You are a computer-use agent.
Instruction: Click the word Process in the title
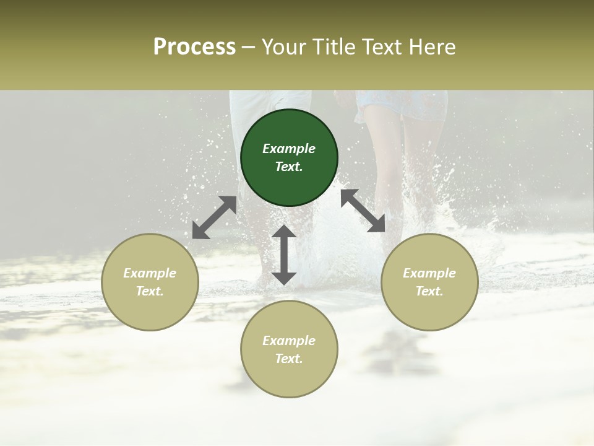[x=194, y=47]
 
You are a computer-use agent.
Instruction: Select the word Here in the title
[x=433, y=47]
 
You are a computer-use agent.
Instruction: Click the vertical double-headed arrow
[x=284, y=255]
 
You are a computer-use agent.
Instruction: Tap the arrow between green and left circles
[x=214, y=217]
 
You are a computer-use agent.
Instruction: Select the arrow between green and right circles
[x=363, y=211]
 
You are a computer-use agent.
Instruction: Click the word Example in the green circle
[x=289, y=149]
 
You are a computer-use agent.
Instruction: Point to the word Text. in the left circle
[x=150, y=291]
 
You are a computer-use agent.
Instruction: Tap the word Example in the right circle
[x=429, y=273]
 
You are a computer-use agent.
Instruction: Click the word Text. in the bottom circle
[x=289, y=359]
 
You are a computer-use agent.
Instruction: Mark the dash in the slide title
[x=248, y=47]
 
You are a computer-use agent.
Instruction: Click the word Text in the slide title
[x=384, y=47]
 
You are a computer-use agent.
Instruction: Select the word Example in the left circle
[x=150, y=273]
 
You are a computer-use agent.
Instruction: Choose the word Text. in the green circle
[x=289, y=167]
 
